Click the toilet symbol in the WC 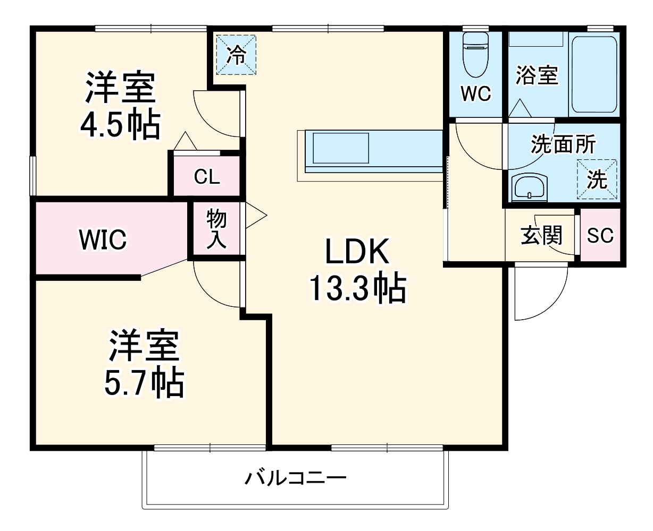point(475,54)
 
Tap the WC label point(475,94)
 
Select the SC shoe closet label point(600,235)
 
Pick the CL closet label point(207,177)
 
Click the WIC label point(103,239)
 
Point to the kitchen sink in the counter point(340,149)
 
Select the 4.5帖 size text point(120,126)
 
